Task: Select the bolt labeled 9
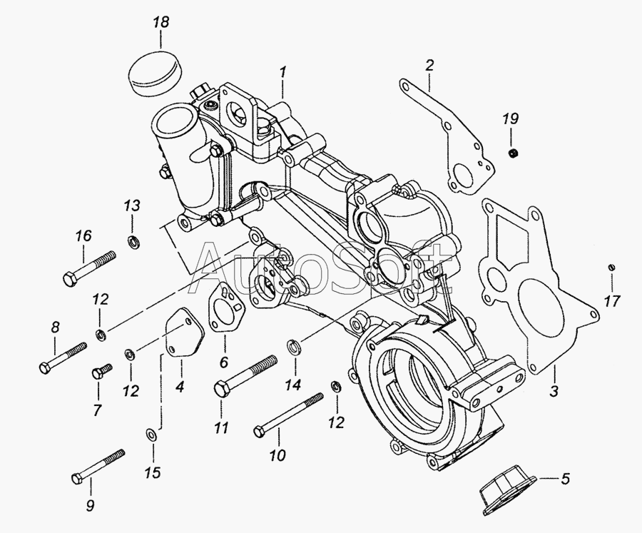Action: [x=98, y=465]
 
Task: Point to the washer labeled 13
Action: [x=133, y=241]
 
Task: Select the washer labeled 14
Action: [x=293, y=348]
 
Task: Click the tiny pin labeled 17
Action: [x=611, y=267]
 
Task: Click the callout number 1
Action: [x=283, y=72]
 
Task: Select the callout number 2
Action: [x=429, y=66]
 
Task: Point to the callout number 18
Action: [x=161, y=23]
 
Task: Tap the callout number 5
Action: [x=565, y=479]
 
